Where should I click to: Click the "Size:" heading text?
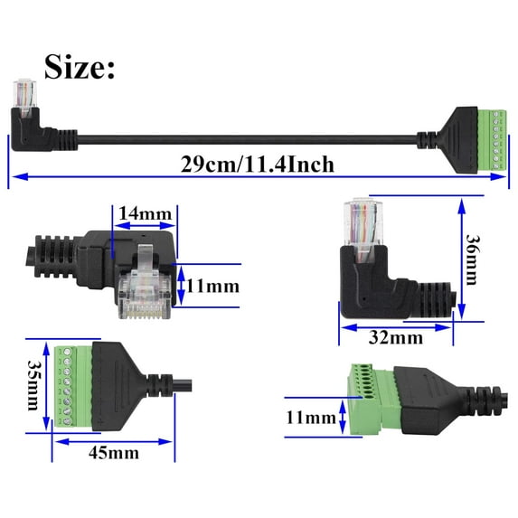pos(80,67)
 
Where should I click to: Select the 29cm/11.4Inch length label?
pos(257,164)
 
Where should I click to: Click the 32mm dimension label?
pos(394,338)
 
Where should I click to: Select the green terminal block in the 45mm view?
pos(69,384)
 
